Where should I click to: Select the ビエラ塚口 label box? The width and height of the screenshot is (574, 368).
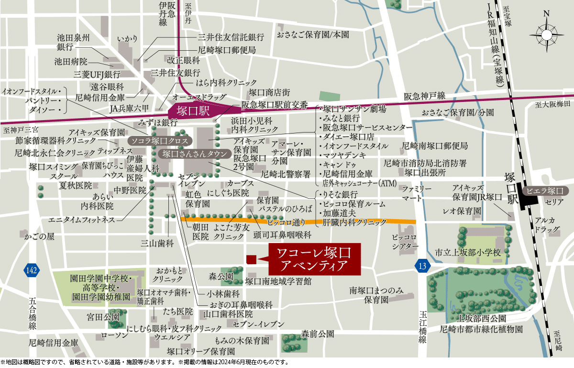point(545,190)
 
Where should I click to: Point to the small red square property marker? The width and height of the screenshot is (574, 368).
point(250,259)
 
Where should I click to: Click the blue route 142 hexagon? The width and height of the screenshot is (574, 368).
point(31,270)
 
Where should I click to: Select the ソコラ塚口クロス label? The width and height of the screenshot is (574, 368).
point(160,141)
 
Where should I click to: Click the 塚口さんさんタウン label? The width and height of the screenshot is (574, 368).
point(188,154)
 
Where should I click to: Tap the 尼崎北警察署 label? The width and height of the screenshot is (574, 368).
point(286,175)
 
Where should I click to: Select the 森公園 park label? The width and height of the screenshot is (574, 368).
point(221,276)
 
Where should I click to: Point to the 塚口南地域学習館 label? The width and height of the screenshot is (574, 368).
point(278,281)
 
